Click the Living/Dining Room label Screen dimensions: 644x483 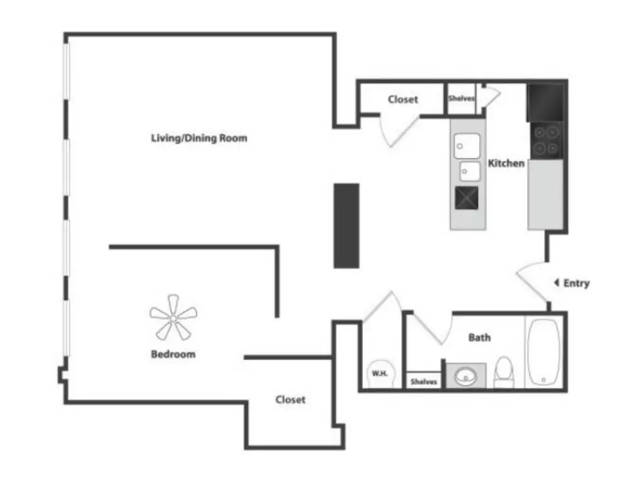pyautogui.click(x=199, y=138)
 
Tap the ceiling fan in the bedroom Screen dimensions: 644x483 pyautogui.click(x=174, y=318)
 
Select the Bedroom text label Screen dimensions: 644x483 pyautogui.click(x=174, y=354)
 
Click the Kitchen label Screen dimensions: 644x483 pyautogui.click(x=506, y=163)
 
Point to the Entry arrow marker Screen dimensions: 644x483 pyautogui.click(x=557, y=282)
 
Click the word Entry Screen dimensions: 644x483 pyautogui.click(x=577, y=283)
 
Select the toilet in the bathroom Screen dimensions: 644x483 pyautogui.click(x=504, y=372)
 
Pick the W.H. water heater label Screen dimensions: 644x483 pyautogui.click(x=379, y=374)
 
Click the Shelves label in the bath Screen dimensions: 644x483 pyautogui.click(x=424, y=382)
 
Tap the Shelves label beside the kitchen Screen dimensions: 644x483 pyautogui.click(x=461, y=98)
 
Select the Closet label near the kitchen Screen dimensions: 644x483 pyautogui.click(x=403, y=99)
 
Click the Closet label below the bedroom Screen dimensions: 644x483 pyautogui.click(x=291, y=399)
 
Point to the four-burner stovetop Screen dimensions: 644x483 pyautogui.click(x=547, y=140)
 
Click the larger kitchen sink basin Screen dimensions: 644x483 pyautogui.click(x=467, y=146)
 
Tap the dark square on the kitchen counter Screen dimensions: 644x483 pyautogui.click(x=467, y=198)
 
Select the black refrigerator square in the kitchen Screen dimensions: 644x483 pyautogui.click(x=545, y=103)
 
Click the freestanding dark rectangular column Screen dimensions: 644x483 pyautogui.click(x=347, y=226)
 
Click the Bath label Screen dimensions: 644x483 pyautogui.click(x=480, y=338)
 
